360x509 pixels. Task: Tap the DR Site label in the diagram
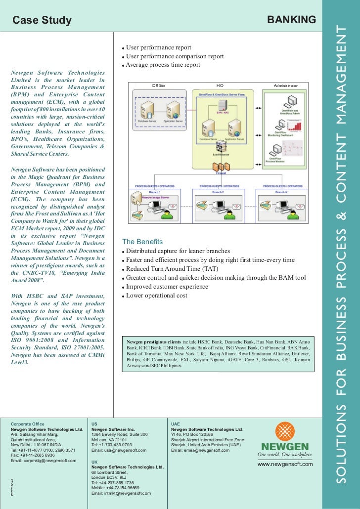[159, 85]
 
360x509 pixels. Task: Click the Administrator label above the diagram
[286, 85]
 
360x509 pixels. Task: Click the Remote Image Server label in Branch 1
[156, 197]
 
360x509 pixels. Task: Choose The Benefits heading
[142, 242]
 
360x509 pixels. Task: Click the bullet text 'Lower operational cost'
[157, 296]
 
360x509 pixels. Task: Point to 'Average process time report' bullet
[163, 65]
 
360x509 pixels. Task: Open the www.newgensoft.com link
[285, 464]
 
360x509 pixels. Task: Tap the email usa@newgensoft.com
[119, 450]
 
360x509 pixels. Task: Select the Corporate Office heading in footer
[28, 424]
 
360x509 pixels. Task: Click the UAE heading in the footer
[176, 424]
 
